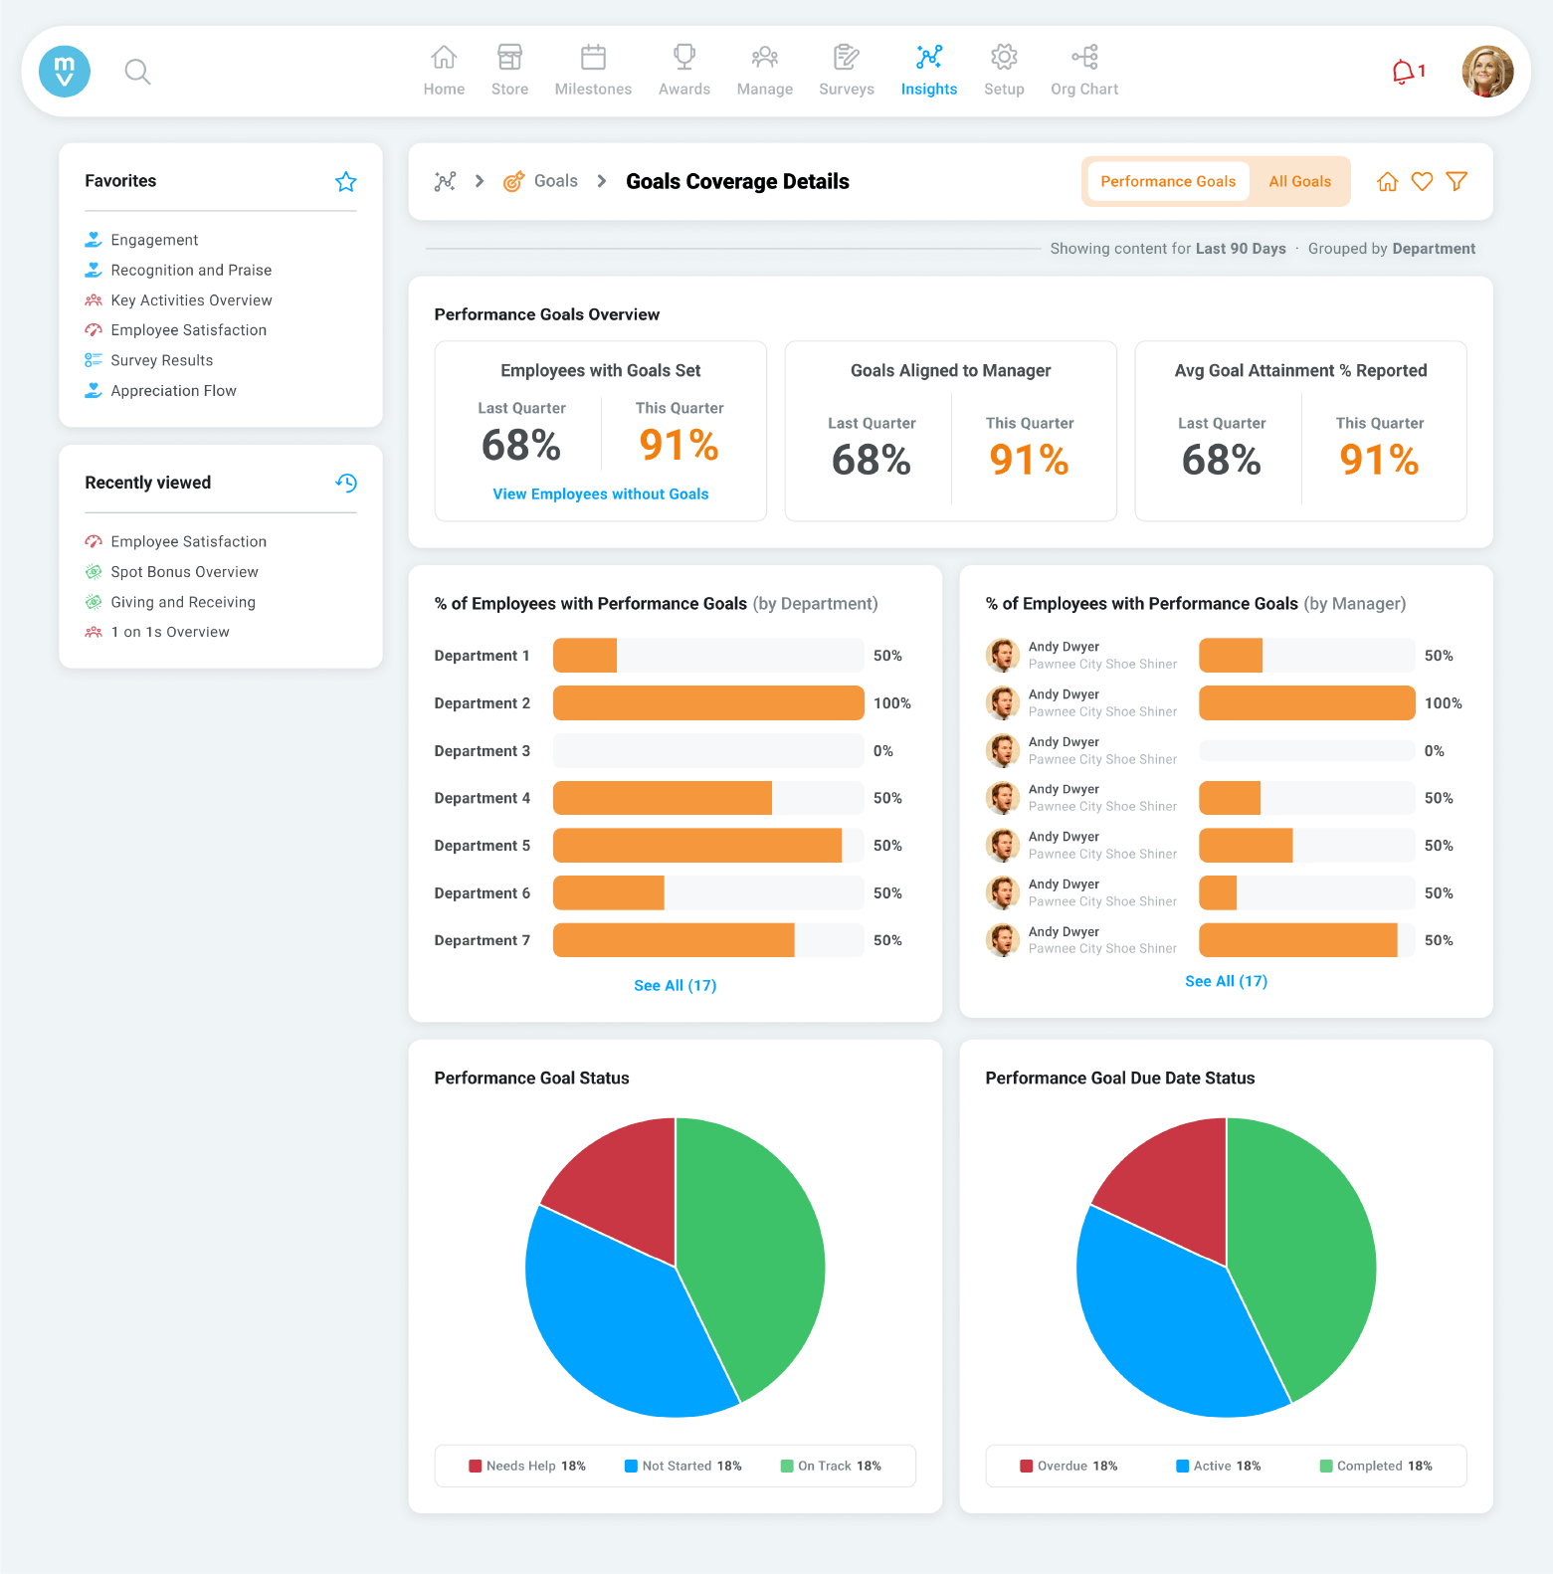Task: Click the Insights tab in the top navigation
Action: (928, 71)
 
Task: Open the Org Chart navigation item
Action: (1083, 71)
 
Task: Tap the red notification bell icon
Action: (1404, 72)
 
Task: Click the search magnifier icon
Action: (137, 72)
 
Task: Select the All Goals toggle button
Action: (1299, 181)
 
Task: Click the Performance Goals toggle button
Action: (1167, 181)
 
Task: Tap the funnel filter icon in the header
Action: (1456, 181)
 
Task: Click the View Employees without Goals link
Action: (601, 494)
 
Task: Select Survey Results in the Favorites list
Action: (161, 360)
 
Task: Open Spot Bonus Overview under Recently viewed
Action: (184, 572)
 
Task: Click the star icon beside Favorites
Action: (345, 181)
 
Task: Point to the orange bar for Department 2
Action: (707, 702)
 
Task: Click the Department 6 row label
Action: (482, 893)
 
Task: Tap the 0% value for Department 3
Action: (883, 751)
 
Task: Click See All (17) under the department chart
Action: (675, 986)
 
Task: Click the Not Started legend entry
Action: (682, 1466)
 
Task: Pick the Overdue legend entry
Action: (1068, 1466)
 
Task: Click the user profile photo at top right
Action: (1486, 72)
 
